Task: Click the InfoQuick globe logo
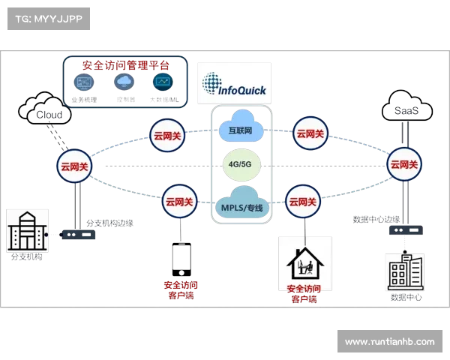point(212,82)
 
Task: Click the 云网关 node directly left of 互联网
point(166,136)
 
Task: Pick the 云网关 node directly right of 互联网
point(310,133)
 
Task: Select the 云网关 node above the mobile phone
point(178,201)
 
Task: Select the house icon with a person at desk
point(304,262)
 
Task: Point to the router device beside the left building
point(77,234)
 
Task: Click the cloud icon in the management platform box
point(124,82)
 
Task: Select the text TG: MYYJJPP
point(48,18)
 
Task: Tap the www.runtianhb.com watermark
point(389,341)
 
